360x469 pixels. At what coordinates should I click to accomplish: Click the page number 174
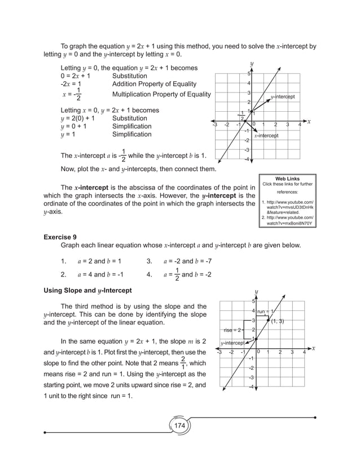tap(179, 425)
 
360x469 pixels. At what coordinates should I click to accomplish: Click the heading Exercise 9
tap(62, 237)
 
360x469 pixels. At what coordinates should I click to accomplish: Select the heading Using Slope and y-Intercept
tap(87, 290)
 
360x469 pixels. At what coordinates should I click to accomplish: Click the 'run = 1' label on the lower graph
tap(265, 311)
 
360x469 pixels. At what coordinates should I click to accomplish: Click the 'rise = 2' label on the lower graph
tap(233, 330)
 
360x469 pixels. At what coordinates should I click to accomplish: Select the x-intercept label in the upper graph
tap(266, 135)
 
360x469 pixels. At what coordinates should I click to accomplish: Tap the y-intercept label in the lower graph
tap(232, 343)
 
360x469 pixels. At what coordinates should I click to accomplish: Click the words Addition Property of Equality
tap(154, 84)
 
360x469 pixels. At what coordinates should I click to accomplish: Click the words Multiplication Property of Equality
tap(161, 94)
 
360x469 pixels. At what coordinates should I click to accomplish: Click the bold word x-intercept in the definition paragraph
tap(93, 187)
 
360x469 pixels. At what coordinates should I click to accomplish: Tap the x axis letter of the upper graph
tap(309, 121)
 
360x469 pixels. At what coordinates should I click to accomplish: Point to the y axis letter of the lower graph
tap(256, 291)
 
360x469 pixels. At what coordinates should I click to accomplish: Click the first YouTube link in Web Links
tap(289, 207)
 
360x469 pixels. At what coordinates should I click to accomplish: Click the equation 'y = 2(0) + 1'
tap(81, 119)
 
